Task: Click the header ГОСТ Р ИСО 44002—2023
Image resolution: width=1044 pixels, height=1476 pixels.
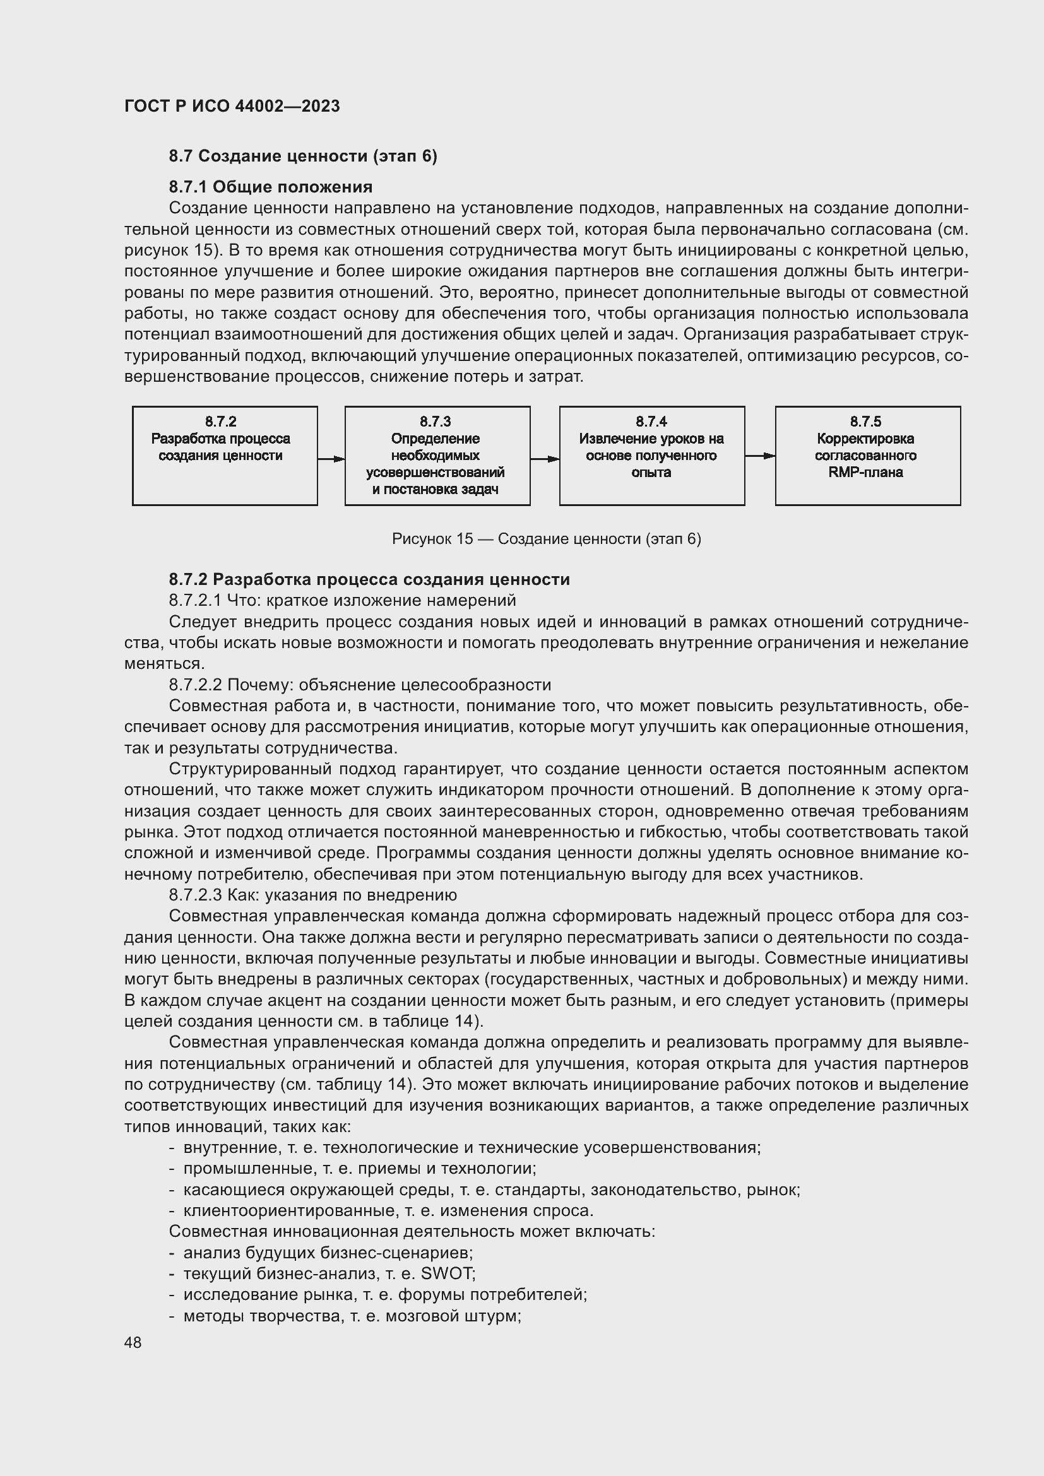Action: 232,106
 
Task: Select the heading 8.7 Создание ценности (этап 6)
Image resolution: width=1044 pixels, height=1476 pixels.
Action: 303,156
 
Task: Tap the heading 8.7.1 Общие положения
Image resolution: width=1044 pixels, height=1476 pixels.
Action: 271,187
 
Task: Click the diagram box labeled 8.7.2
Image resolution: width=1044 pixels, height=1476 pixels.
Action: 224,456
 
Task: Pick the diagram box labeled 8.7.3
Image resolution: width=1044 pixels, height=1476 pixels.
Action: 437,456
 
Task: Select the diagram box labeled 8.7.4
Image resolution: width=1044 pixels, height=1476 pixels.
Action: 652,456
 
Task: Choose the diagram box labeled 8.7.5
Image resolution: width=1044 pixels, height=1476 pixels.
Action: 867,456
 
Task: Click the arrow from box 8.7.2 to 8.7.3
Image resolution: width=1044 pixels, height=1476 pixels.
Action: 331,459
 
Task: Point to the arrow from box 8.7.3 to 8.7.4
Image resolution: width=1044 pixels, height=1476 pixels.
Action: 545,459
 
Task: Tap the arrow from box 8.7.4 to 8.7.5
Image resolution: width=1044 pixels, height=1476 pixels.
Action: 760,456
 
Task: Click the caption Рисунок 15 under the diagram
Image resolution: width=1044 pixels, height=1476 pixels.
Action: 547,539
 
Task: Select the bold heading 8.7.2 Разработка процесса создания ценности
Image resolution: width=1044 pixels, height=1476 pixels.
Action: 369,579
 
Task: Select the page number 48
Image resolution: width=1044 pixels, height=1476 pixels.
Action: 133,1343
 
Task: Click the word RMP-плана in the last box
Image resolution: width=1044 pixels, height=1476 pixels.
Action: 865,473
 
